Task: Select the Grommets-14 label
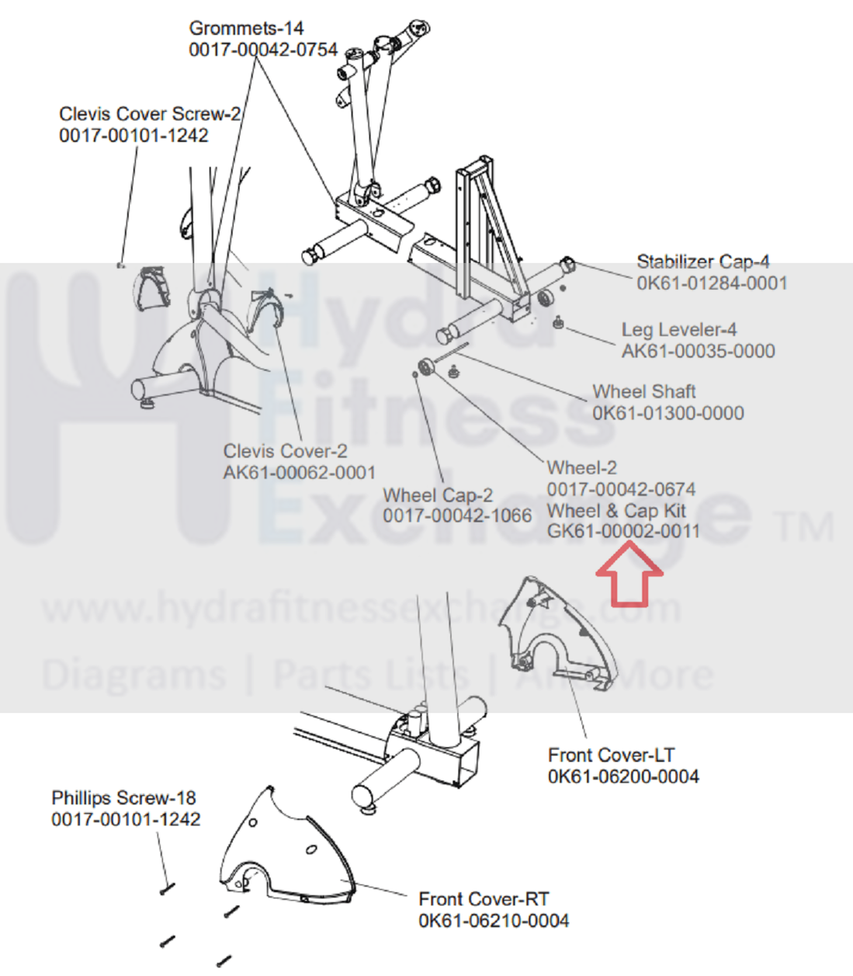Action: tap(246, 29)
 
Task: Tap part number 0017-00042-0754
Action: tap(263, 50)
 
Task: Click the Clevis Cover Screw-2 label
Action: tap(150, 114)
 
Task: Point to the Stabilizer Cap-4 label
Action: tap(702, 262)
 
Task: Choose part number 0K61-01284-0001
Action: tap(712, 283)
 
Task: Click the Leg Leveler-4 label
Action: tap(678, 330)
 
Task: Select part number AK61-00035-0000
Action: tap(698, 352)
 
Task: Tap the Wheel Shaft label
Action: tap(643, 391)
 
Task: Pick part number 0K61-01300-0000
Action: tap(667, 413)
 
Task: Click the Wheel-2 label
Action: tap(581, 468)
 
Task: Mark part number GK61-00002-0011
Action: tap(623, 532)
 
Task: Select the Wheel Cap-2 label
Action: tap(437, 495)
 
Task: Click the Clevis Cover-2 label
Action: tap(285, 451)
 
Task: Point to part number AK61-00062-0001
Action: tap(299, 473)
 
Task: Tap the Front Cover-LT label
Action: tap(611, 755)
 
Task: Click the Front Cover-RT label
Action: tap(484, 899)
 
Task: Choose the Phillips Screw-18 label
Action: tap(123, 798)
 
